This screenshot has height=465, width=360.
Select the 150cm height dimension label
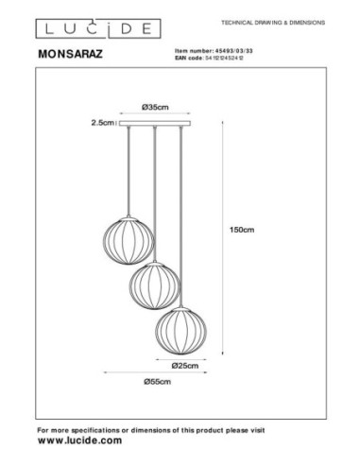coord(249,230)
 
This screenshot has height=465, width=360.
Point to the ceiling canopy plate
coord(152,123)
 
